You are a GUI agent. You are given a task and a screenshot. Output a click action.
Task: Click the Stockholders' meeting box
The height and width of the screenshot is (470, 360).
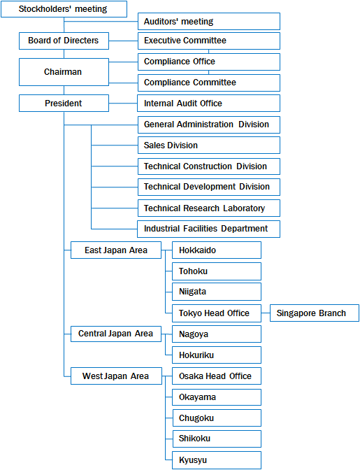pyautogui.click(x=64, y=9)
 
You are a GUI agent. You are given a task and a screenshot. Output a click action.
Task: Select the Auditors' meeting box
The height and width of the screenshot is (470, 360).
pyautogui.click(x=209, y=21)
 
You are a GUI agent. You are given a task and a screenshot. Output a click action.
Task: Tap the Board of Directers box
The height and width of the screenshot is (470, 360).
pyautogui.click(x=64, y=41)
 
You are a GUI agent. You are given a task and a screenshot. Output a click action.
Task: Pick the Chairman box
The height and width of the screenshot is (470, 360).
pyautogui.click(x=64, y=72)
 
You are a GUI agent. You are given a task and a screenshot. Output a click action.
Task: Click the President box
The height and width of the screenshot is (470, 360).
pyautogui.click(x=64, y=103)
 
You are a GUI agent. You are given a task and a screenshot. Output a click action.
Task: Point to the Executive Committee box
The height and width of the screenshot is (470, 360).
pyautogui.click(x=209, y=41)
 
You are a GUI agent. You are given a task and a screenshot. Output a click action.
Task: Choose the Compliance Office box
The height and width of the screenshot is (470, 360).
pyautogui.click(x=209, y=62)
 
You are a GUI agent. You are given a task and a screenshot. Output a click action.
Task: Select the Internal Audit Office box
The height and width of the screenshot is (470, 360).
pyautogui.click(x=208, y=103)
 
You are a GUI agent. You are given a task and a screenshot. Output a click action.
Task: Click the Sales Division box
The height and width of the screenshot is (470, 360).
pyautogui.click(x=209, y=145)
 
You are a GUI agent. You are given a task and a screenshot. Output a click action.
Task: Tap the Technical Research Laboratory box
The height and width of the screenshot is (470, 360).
pyautogui.click(x=209, y=208)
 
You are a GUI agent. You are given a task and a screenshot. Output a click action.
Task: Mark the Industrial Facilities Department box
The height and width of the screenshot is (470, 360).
pyautogui.click(x=208, y=229)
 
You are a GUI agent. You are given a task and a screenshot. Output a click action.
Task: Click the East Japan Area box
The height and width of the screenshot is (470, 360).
pyautogui.click(x=116, y=250)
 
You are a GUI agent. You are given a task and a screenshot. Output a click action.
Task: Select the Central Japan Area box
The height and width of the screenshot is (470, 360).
pyautogui.click(x=116, y=334)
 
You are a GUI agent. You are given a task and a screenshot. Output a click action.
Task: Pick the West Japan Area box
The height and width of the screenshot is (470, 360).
pyautogui.click(x=116, y=376)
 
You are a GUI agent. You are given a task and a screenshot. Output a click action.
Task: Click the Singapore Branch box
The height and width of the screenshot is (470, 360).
pyautogui.click(x=315, y=313)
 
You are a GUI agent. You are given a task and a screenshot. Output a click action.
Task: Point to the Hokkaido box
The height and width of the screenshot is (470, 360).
pyautogui.click(x=217, y=250)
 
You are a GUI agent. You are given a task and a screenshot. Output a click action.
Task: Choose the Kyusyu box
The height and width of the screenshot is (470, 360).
pyautogui.click(x=217, y=460)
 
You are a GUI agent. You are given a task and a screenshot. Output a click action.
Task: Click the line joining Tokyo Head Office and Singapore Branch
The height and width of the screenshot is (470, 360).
pyautogui.click(x=266, y=313)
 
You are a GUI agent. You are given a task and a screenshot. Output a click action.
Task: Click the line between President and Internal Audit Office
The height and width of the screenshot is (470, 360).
pyautogui.click(x=123, y=103)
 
